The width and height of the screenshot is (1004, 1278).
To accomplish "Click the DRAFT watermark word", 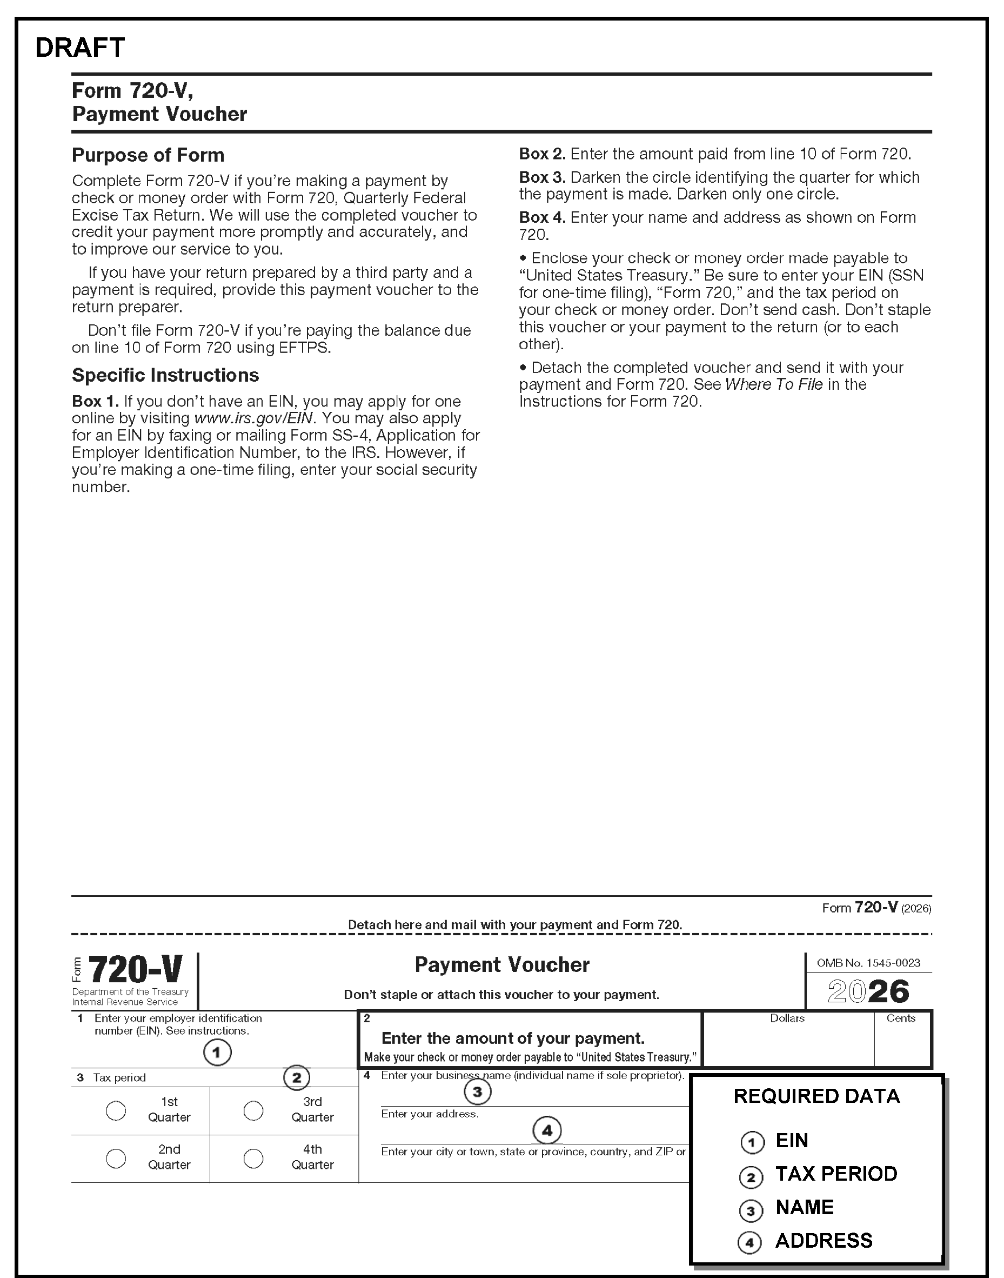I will click(x=80, y=48).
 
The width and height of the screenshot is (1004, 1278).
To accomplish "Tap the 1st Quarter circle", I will click(x=116, y=1110).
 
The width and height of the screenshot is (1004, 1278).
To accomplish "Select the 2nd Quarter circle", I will click(x=116, y=1158).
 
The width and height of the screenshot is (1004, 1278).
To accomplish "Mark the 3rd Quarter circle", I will click(x=253, y=1110).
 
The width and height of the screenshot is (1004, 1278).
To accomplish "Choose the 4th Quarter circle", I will click(x=253, y=1158).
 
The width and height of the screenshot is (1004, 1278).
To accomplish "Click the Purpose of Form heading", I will click(x=148, y=155).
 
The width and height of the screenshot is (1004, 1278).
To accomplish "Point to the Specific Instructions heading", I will click(x=165, y=375).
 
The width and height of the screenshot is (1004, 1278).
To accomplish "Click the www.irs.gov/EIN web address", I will click(x=255, y=418).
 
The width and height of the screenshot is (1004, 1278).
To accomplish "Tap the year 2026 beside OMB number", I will click(x=868, y=991).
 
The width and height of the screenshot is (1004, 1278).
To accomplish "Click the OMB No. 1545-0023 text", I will click(x=868, y=963).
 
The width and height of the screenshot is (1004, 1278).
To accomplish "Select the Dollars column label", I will click(x=787, y=1018).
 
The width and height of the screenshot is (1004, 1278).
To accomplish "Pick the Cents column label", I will click(x=901, y=1018).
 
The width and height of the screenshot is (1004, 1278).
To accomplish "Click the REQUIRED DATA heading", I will click(x=816, y=1096).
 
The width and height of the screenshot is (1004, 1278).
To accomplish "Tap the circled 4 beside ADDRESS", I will click(x=750, y=1243).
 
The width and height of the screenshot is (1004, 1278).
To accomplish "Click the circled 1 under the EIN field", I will click(x=217, y=1052).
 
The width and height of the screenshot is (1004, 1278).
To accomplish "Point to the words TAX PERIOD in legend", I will click(x=836, y=1174).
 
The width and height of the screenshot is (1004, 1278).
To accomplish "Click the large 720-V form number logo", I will click(x=135, y=970).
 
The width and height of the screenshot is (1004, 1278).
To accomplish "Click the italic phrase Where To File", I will click(x=774, y=384).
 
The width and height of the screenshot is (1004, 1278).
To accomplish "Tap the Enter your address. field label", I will click(x=430, y=1114).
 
